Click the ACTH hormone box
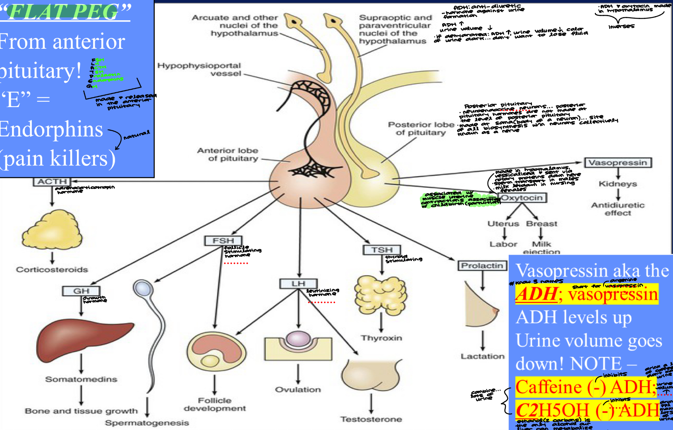(x=52, y=182)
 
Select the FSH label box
(x=223, y=241)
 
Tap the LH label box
(x=298, y=284)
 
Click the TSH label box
(x=381, y=250)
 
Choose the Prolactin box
(x=482, y=265)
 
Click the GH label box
(x=81, y=291)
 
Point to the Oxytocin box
(x=522, y=198)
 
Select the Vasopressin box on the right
(x=618, y=162)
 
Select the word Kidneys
(x=618, y=184)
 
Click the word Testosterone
(x=371, y=419)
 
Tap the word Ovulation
(x=298, y=389)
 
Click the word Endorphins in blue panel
(x=51, y=129)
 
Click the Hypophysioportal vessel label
(x=199, y=69)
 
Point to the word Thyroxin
(x=381, y=338)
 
